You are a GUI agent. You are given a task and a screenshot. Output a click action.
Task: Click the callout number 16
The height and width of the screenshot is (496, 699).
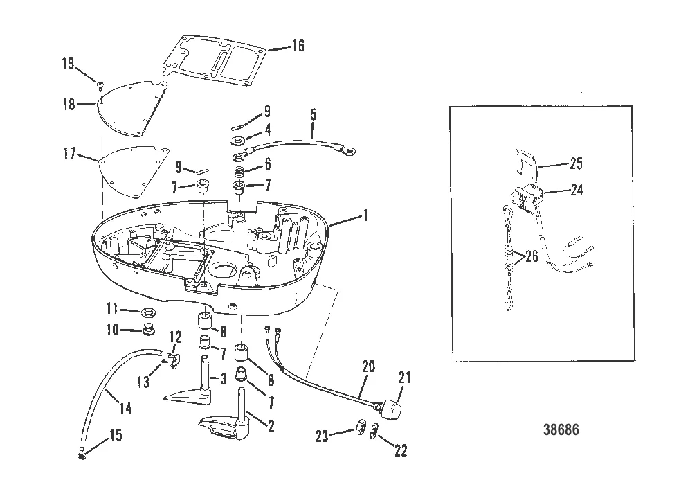coord(296,46)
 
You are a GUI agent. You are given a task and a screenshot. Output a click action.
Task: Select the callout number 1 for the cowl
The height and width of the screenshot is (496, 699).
coord(366,216)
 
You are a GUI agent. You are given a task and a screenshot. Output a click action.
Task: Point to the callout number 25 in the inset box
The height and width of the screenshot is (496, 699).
coord(575,165)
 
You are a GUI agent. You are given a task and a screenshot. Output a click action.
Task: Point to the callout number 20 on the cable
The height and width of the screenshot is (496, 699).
coord(368,366)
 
